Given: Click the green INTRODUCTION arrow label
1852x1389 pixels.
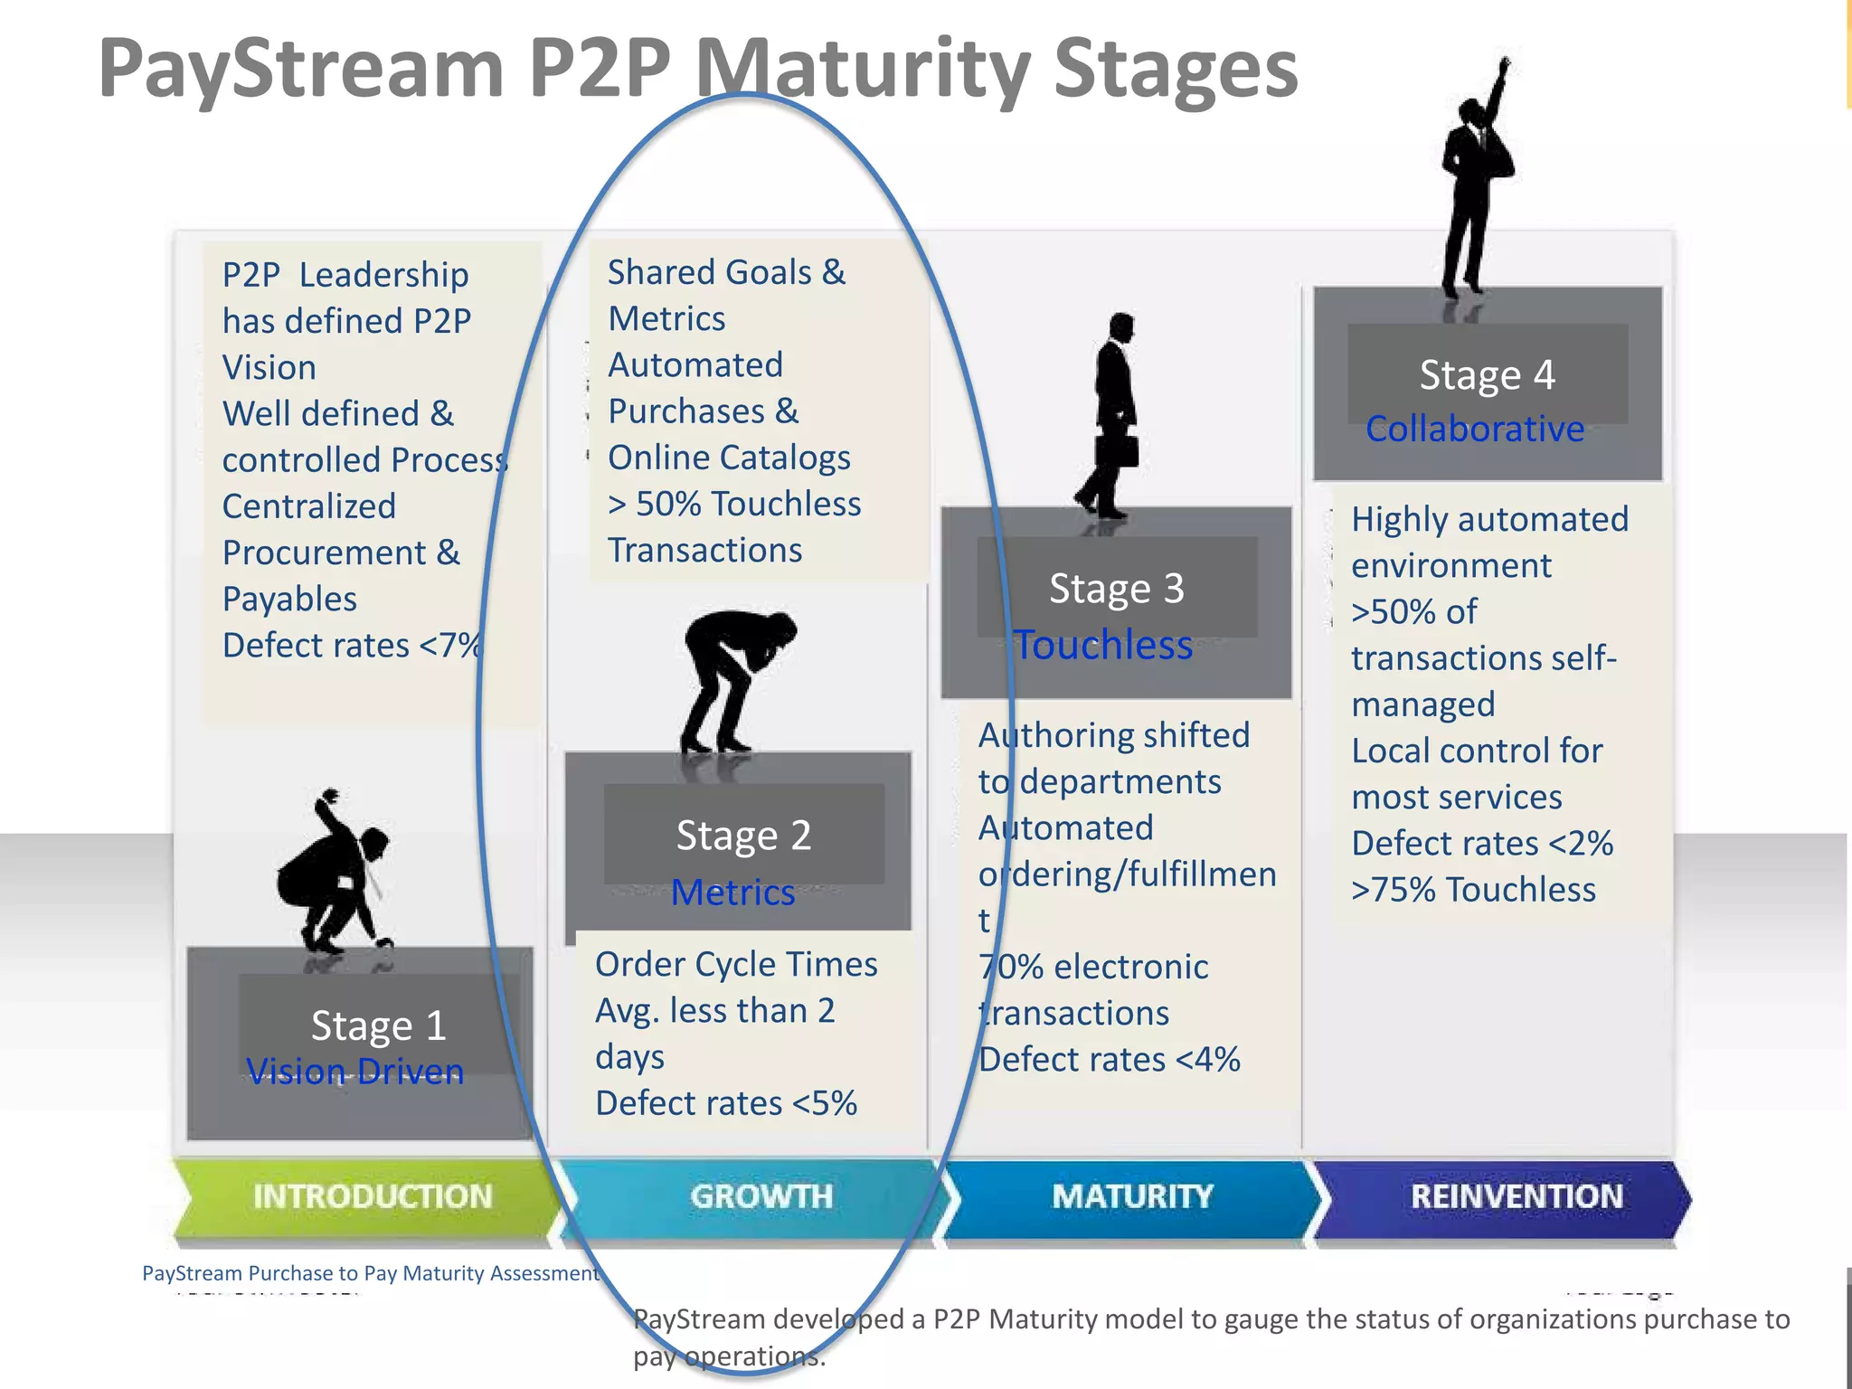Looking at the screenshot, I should point(372,1196).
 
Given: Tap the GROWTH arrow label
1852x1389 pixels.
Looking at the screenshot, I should point(761,1196).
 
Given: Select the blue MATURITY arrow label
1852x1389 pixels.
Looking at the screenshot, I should point(1132,1196).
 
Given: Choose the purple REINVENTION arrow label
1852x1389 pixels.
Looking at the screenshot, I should point(1517,1196).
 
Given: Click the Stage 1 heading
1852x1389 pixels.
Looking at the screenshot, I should point(378,1025).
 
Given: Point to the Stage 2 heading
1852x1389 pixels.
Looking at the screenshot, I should point(743,835).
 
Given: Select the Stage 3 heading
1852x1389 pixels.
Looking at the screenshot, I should point(1116,589).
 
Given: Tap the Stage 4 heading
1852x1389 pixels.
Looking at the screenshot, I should point(1487,375).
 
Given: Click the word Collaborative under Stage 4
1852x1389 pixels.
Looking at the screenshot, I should point(1474,429).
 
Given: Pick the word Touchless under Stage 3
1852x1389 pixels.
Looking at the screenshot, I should point(1103,646).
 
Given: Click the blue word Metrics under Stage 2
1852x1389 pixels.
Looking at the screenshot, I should point(732,893).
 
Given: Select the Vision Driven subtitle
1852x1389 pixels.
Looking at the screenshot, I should point(354,1072).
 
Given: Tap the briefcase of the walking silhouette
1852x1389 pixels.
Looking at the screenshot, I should point(1116,450).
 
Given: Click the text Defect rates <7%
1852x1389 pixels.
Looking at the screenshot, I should point(353,646).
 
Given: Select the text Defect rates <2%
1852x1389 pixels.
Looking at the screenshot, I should point(1481,843).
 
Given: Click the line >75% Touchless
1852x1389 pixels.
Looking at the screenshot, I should point(1472,890).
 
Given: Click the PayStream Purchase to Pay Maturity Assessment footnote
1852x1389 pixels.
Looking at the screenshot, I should point(371,1273).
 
